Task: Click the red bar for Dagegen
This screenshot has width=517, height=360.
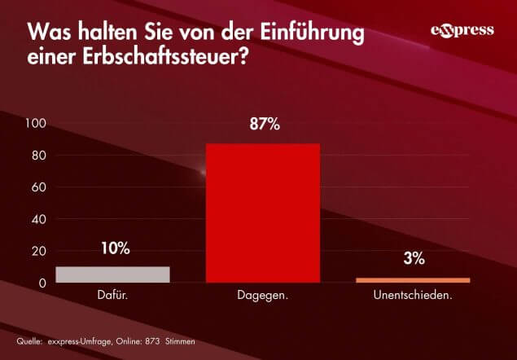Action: [262, 213]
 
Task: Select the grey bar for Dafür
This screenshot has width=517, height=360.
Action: [112, 274]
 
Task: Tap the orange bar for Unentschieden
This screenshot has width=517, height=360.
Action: [413, 280]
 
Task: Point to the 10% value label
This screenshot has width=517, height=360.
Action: [115, 248]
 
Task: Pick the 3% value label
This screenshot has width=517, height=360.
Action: [414, 259]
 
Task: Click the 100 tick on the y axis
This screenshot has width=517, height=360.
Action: [39, 124]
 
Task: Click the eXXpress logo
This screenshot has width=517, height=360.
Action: [462, 31]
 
